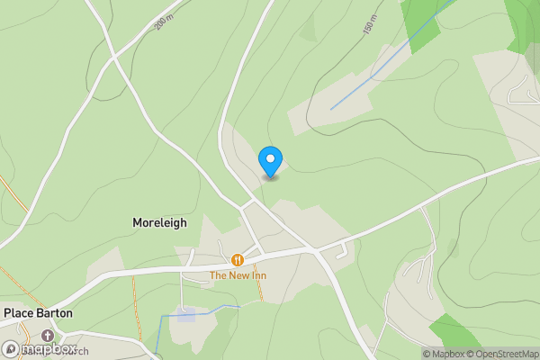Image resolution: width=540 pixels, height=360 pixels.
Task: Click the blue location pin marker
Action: [270, 161]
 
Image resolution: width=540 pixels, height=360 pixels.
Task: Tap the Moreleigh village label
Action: [159, 222]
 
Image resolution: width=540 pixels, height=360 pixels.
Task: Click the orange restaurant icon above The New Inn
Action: [238, 260]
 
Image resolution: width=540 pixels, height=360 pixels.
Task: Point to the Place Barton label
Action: [38, 313]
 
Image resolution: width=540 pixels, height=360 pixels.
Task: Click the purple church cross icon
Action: [46, 336]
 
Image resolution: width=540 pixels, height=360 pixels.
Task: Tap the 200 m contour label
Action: [163, 22]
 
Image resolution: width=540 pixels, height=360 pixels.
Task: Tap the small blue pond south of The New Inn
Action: [186, 314]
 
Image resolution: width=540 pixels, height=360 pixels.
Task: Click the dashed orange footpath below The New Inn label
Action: [259, 290]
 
